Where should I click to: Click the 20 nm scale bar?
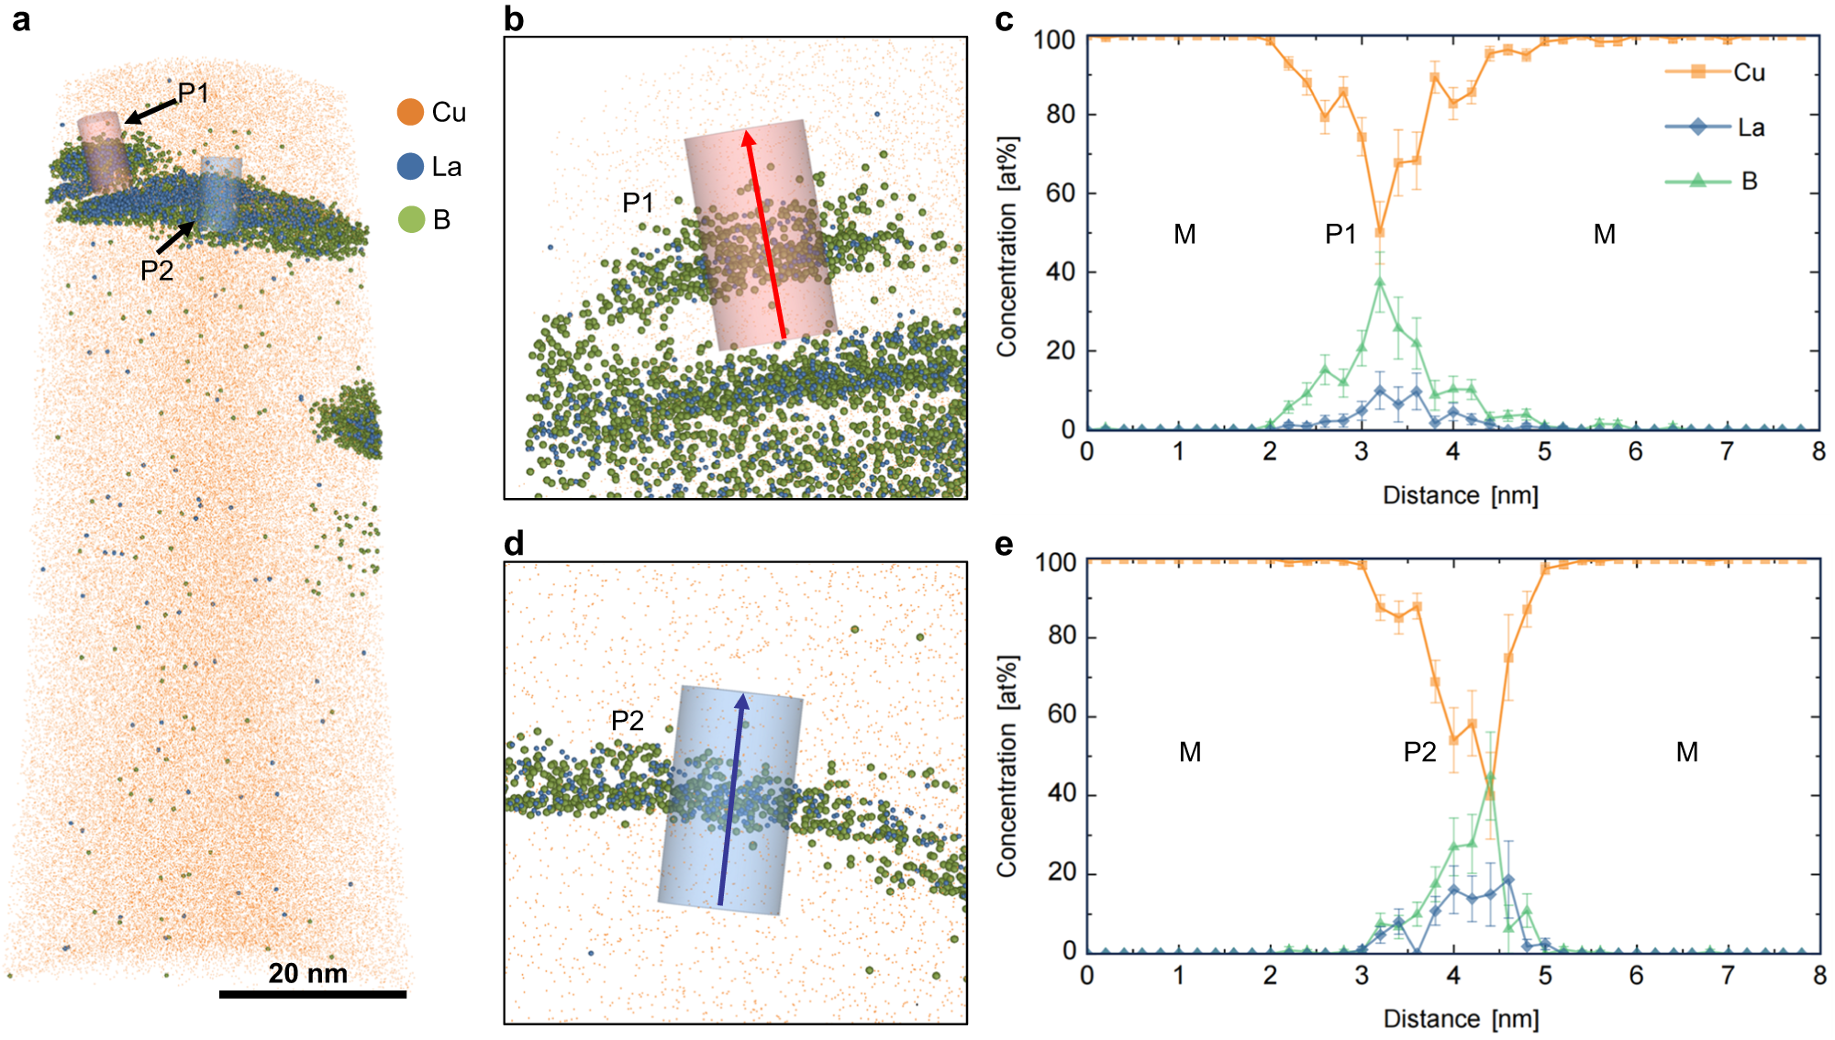312,994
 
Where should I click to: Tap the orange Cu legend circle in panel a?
410,113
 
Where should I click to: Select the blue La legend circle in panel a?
410,166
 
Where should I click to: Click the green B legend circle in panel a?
410,219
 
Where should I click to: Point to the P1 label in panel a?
194,93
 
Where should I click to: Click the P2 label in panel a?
157,271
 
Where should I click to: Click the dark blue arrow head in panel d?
741,702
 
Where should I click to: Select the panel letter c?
1005,20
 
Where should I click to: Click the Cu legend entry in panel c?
1716,72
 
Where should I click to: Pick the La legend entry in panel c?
1716,127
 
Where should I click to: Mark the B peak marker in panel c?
1380,282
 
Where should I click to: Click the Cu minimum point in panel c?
1380,232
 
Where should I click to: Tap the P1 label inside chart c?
1340,235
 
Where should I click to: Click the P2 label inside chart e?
1419,753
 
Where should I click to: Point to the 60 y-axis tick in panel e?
1062,714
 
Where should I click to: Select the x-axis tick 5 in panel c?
1544,451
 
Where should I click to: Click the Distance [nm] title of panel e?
1461,1019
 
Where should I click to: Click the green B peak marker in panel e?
1490,777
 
